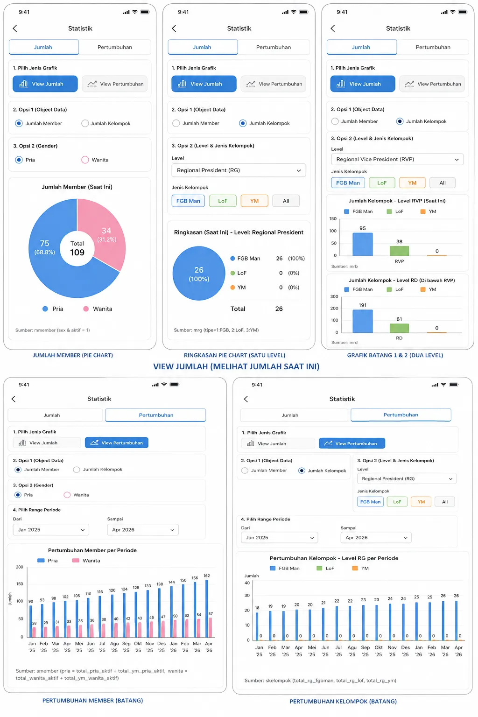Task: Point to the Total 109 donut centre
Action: coord(77,248)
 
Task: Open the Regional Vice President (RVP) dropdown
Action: coord(397,159)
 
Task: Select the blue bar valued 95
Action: coord(362,244)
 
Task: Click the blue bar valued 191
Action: coord(362,321)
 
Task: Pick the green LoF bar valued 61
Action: coord(399,328)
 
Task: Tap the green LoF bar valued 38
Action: coord(399,251)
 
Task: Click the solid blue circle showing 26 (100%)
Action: coord(199,274)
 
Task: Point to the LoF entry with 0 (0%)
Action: coord(265,273)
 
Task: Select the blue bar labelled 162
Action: coord(206,608)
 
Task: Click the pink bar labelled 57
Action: coord(211,627)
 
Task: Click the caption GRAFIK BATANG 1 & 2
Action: coord(382,355)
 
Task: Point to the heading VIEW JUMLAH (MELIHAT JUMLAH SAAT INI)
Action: coord(236,366)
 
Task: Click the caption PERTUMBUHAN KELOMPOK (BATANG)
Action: coord(343,701)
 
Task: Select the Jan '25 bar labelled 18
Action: coord(257,626)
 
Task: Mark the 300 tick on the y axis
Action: coord(334,297)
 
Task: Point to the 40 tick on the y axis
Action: coord(247,583)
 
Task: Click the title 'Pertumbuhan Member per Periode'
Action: coord(92,550)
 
